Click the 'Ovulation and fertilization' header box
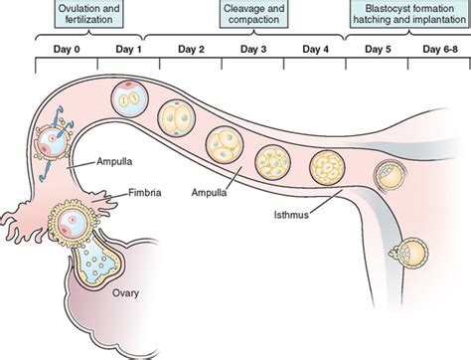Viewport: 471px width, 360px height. point(82,16)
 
